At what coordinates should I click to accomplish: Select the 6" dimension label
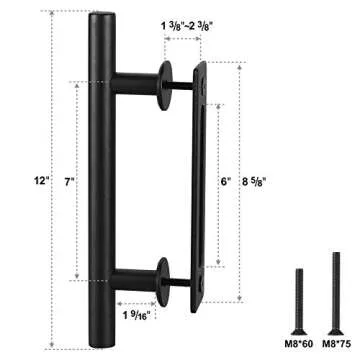coord(225,182)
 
